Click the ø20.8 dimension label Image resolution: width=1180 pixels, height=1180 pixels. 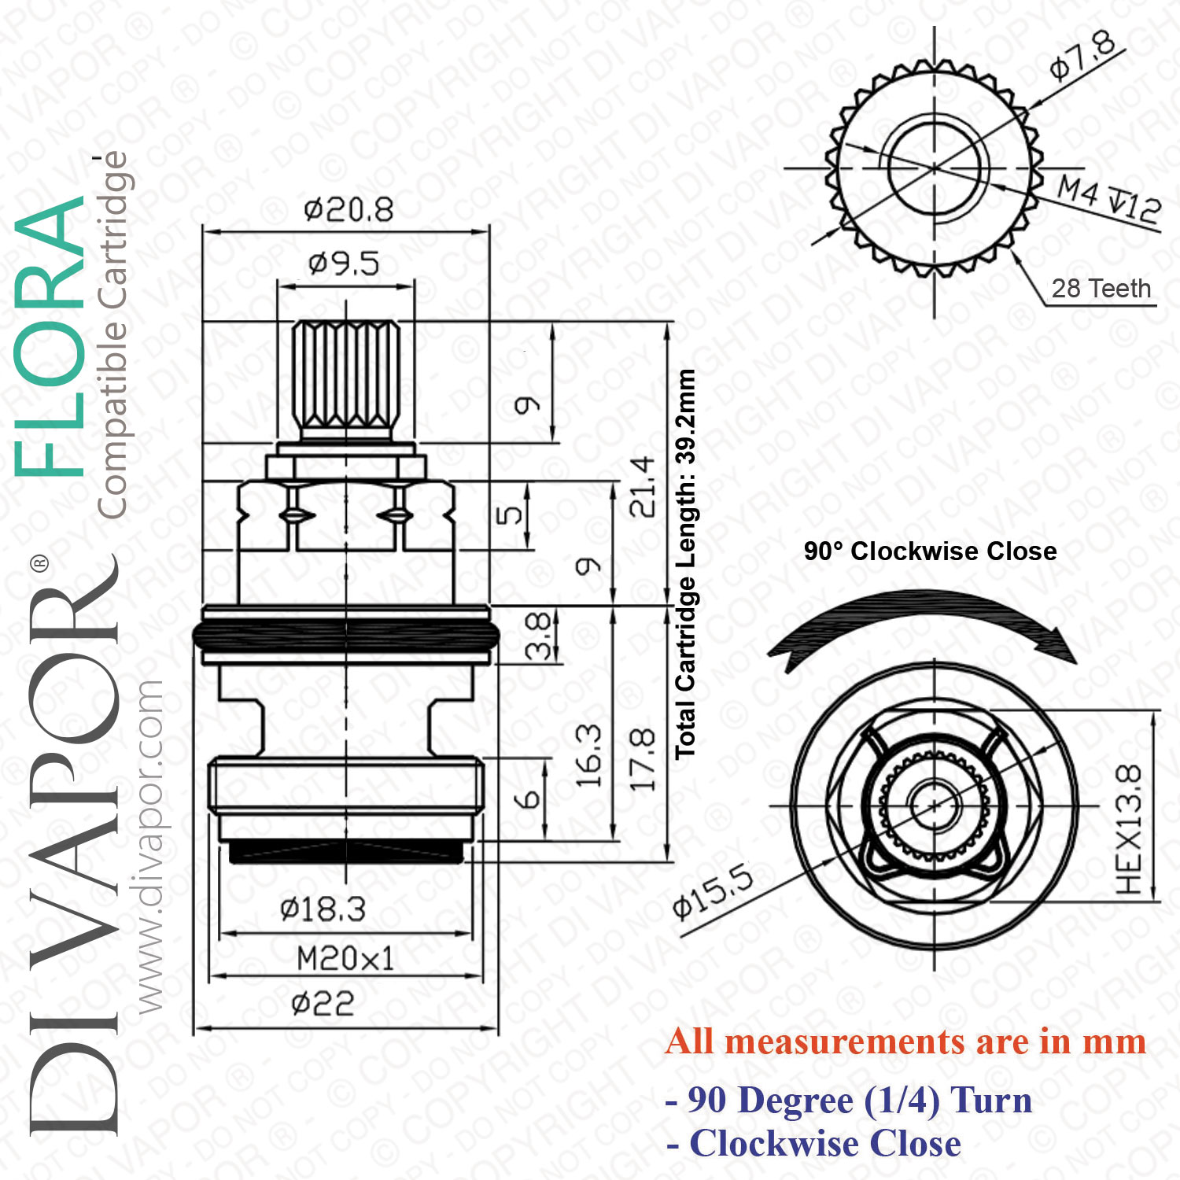[348, 210]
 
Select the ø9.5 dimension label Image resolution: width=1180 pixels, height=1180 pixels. [344, 264]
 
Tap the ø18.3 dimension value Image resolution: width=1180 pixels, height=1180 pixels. [323, 909]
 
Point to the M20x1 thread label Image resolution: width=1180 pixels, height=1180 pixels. [345, 959]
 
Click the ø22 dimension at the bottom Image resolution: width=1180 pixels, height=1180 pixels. [323, 1004]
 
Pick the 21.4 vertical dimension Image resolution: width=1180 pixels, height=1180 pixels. [642, 486]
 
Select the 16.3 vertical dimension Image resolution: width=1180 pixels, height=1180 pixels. [588, 756]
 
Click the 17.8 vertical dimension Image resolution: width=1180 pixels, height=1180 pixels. [642, 760]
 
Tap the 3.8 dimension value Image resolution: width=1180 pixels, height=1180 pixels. [538, 636]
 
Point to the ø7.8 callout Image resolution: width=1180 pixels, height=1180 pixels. [1082, 55]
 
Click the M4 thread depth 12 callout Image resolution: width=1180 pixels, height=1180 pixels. [1109, 199]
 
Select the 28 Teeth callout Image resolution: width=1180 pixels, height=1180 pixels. [1101, 289]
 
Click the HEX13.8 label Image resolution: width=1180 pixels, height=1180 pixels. [1128, 829]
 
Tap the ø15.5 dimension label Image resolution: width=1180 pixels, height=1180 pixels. [713, 891]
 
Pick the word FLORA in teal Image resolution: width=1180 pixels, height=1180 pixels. [49, 337]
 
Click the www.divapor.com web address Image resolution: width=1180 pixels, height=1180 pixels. [148, 846]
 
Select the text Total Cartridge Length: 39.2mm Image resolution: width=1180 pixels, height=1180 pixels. [685, 563]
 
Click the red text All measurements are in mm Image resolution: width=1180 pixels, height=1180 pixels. [905, 1042]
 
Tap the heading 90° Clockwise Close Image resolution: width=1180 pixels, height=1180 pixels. [930, 551]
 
